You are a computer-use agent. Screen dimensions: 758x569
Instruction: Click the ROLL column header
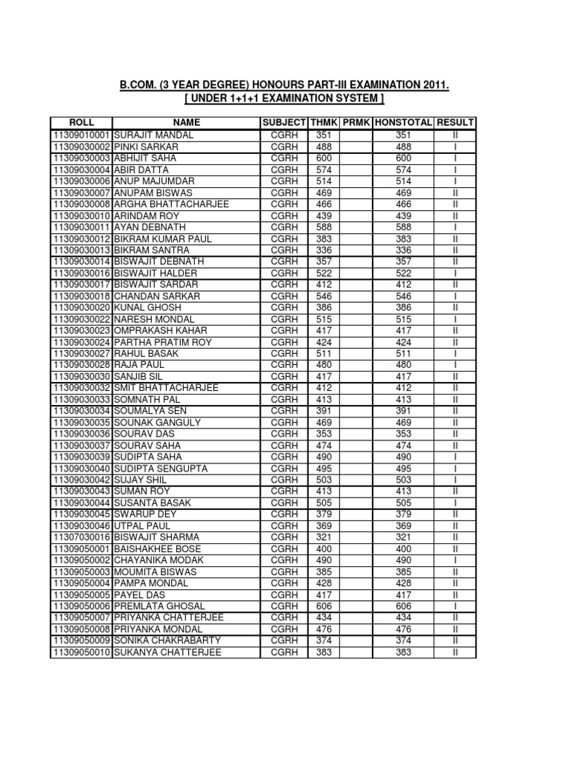pyautogui.click(x=81, y=123)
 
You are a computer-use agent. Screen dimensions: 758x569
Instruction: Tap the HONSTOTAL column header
pyautogui.click(x=404, y=123)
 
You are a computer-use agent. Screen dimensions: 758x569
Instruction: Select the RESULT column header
pyautogui.click(x=456, y=123)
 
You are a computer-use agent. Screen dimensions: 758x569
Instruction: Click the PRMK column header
pyautogui.click(x=356, y=123)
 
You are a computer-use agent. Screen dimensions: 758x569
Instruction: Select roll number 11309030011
pyautogui.click(x=81, y=227)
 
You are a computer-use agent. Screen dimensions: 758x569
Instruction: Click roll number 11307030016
pyautogui.click(x=81, y=537)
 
